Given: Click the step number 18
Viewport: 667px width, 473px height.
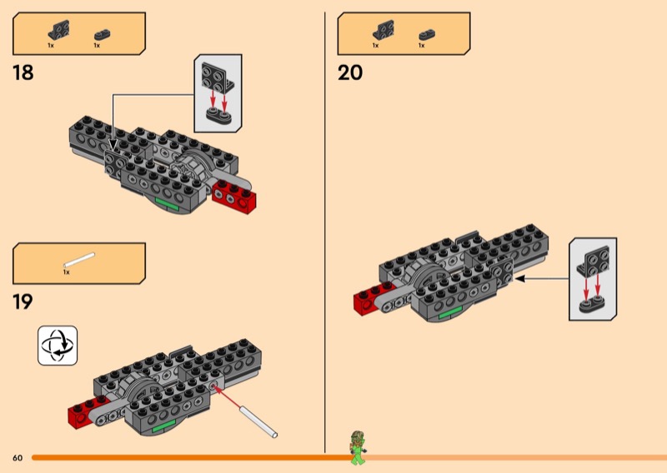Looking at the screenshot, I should coord(23,72).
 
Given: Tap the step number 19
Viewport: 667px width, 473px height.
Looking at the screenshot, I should coord(23,301).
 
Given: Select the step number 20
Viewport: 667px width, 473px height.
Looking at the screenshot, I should coord(350,72).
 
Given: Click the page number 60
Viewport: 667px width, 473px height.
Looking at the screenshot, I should coord(18,458).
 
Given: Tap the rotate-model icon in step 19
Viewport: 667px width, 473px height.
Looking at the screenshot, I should coord(58,346).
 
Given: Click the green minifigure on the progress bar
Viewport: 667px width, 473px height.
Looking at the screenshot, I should coord(358,448).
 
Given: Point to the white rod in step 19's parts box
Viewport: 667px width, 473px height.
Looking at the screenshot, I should coord(79,260).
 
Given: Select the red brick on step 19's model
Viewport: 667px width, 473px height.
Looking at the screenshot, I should coord(83,411).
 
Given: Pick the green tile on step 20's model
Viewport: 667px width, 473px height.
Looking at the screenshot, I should coord(450,314).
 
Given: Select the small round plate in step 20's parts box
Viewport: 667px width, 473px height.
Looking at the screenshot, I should coord(426,34).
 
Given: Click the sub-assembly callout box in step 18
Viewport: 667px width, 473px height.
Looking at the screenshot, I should coord(218,93).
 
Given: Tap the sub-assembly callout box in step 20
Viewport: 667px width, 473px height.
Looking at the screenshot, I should coord(593,278).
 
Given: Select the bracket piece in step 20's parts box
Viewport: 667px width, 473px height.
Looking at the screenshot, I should coord(384,29).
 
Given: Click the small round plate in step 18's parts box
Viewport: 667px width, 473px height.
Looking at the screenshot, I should coord(102,34).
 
